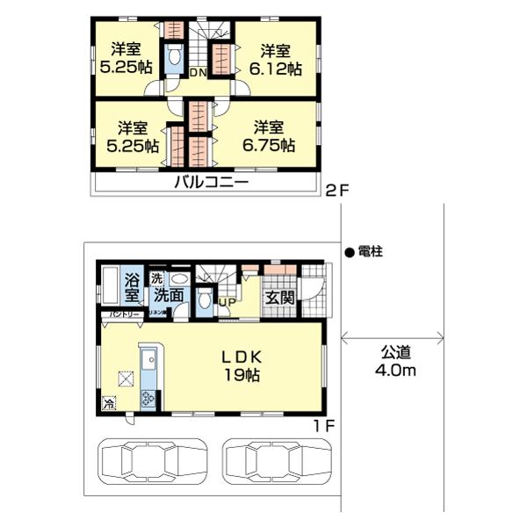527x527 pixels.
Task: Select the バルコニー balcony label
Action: (211, 184)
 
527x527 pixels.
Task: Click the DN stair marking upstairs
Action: (199, 74)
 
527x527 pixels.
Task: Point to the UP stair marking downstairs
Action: (225, 303)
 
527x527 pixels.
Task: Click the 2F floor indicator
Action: (336, 189)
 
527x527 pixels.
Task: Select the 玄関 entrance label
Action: (280, 296)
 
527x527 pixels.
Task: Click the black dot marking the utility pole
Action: (349, 250)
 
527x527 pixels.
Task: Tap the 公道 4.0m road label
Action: (397, 362)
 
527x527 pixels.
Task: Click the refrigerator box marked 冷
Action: (109, 404)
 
